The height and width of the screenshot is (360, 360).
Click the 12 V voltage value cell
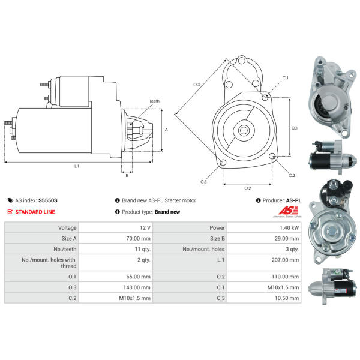[144, 228]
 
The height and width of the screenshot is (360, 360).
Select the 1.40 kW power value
[291, 228]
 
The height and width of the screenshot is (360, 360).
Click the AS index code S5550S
[49, 200]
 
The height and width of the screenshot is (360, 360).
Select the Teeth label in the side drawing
[154, 101]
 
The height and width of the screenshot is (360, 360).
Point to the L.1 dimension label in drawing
[77, 166]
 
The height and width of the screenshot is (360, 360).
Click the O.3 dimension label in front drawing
[197, 85]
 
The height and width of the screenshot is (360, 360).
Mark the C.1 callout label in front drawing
[285, 78]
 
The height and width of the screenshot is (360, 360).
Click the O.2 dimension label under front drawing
[247, 188]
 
